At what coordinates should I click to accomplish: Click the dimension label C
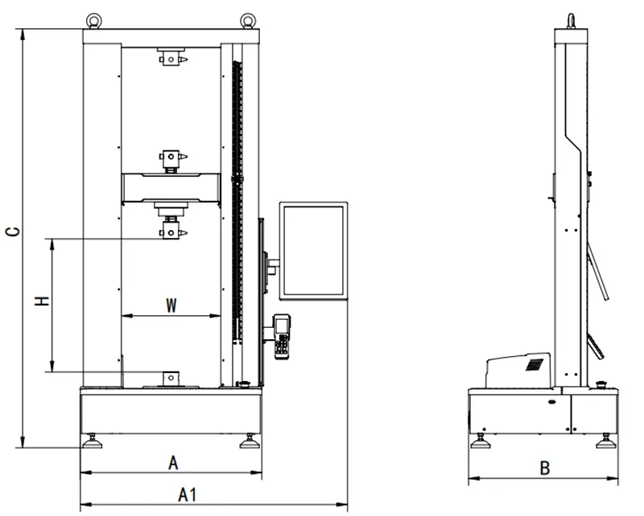coord(13,231)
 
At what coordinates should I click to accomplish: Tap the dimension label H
coord(42,301)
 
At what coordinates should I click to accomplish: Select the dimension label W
coord(171,305)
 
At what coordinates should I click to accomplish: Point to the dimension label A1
coord(188,494)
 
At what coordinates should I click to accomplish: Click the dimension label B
coord(544,468)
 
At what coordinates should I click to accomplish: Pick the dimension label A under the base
coord(173,463)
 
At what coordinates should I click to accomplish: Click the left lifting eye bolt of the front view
coord(93,22)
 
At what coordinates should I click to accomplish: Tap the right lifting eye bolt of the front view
coord(248,22)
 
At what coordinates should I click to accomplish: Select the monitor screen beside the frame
coord(313,251)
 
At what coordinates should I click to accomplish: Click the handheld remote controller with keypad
coord(282,337)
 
